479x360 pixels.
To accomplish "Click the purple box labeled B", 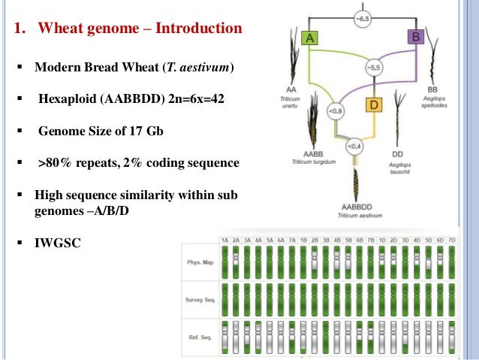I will click(x=416, y=35).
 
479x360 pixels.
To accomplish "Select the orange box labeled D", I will click(x=374, y=104).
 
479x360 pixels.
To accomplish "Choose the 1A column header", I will click(x=224, y=240).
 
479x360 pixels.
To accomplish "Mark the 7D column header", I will click(x=453, y=240).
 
